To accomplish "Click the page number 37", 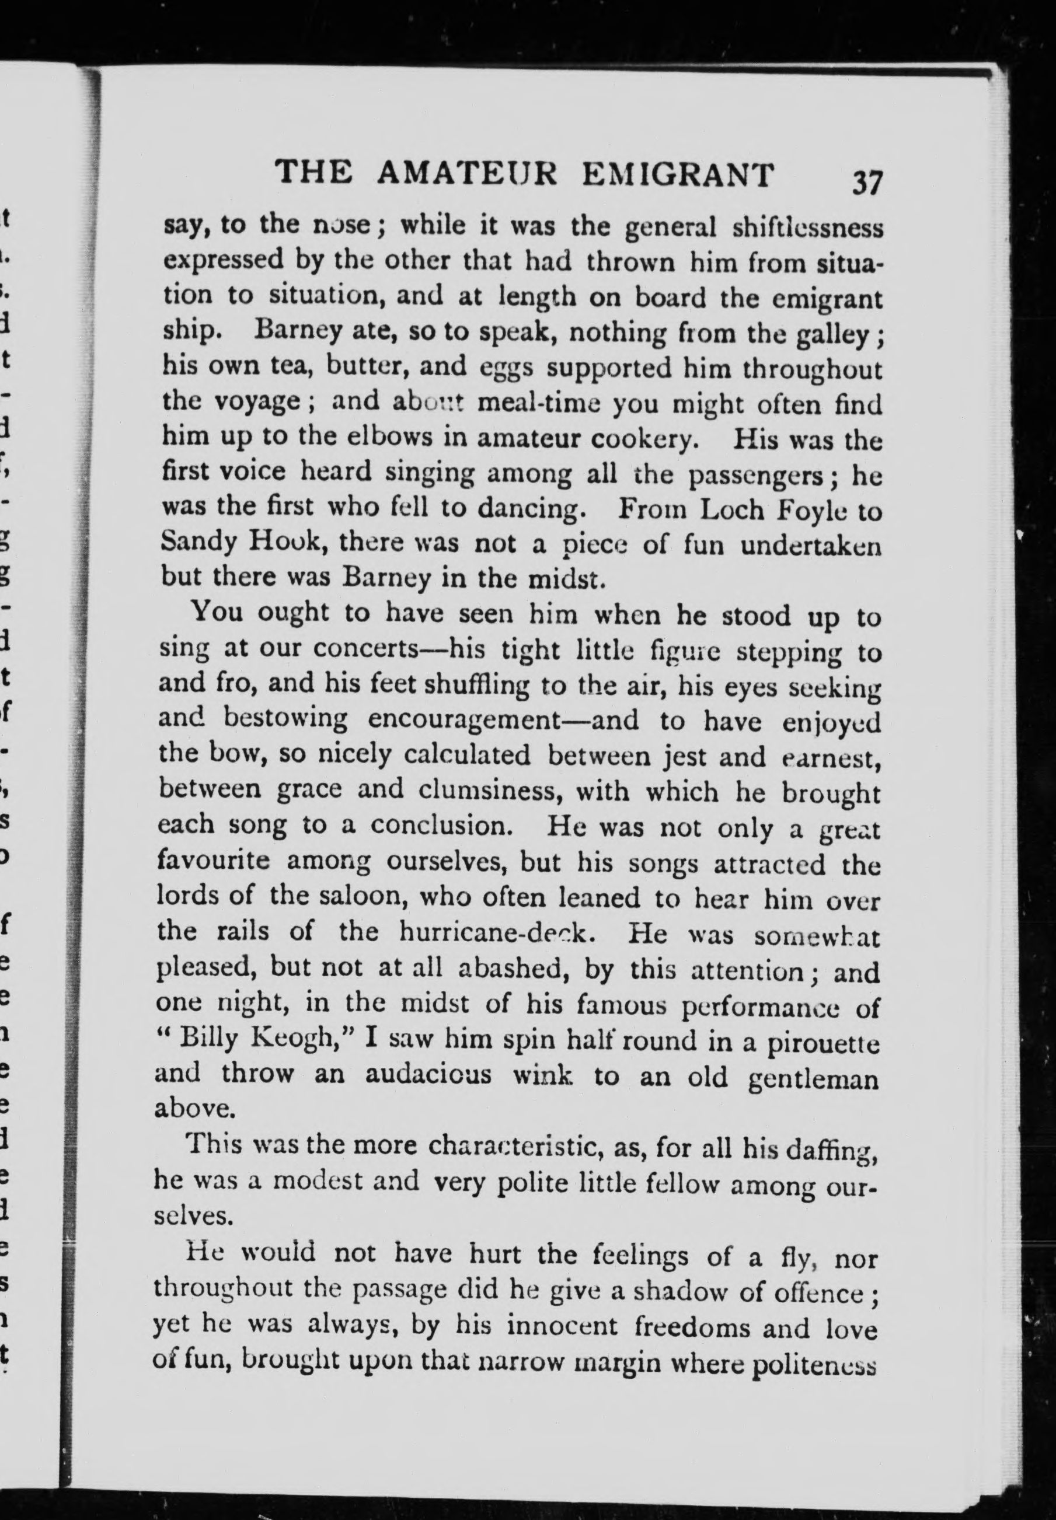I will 867,181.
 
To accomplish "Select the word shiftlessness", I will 807,228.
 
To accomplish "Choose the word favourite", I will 213,861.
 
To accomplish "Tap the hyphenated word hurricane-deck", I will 493,932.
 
